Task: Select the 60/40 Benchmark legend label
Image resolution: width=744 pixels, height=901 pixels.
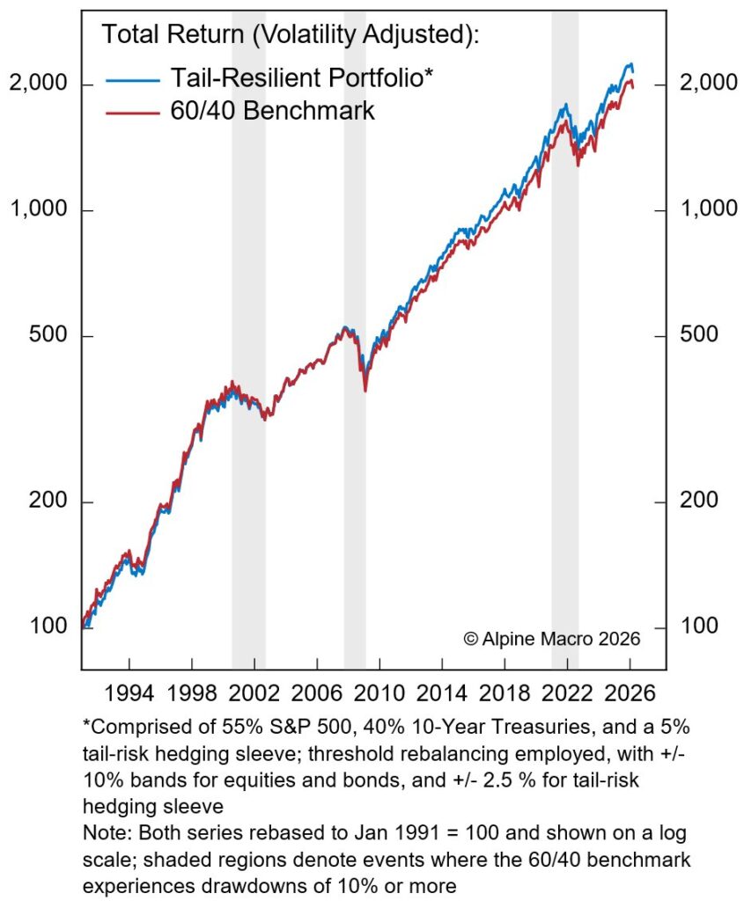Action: (x=272, y=111)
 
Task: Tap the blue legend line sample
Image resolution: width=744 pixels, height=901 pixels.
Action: (x=133, y=79)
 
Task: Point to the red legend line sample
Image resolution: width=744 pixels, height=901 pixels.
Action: (x=133, y=112)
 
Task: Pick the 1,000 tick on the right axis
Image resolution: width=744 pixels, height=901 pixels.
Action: (x=708, y=210)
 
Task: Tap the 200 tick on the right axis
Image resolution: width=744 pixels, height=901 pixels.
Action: (x=700, y=502)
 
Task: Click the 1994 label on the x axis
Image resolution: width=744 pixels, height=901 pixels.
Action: (x=129, y=691)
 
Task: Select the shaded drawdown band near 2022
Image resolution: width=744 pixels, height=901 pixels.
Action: (x=565, y=352)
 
